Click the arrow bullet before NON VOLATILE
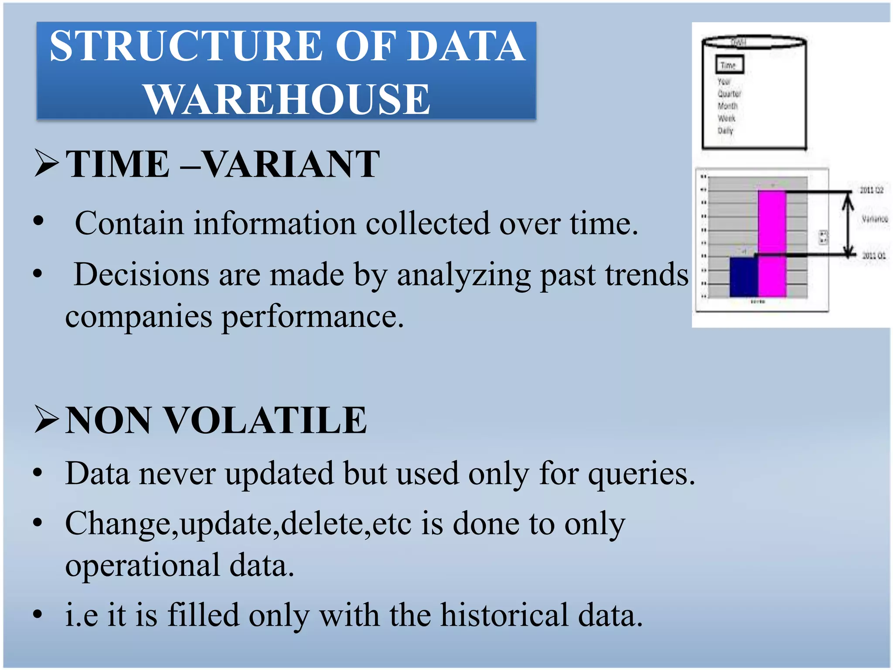(x=46, y=420)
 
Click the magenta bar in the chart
(x=772, y=244)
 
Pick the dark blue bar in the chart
(x=743, y=277)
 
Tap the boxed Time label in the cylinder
(x=729, y=65)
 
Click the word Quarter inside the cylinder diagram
(x=729, y=94)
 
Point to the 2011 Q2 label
(x=871, y=190)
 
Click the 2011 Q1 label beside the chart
(x=873, y=256)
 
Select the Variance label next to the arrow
(x=874, y=219)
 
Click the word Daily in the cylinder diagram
(x=726, y=130)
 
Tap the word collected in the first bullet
(x=427, y=224)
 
